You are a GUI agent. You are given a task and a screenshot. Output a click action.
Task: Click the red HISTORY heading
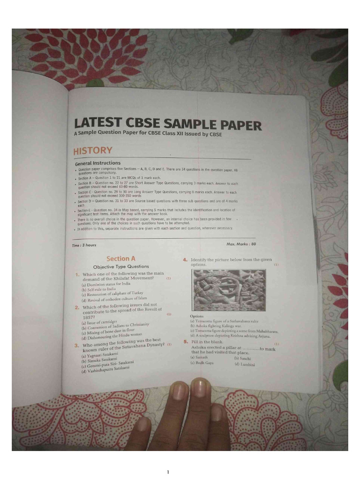pos(93,150)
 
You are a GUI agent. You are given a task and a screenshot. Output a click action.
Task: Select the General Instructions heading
pos(97,163)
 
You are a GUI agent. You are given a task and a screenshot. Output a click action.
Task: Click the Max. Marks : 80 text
pos(241,244)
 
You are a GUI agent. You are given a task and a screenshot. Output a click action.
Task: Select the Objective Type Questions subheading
pos(121,266)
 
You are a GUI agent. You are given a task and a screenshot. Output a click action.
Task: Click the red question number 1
pos(77,274)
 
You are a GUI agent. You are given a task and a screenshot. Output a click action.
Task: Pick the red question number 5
pos(186,342)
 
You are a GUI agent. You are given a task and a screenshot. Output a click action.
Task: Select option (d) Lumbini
pos(244,364)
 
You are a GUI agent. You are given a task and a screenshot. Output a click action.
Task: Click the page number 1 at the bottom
pos(167,472)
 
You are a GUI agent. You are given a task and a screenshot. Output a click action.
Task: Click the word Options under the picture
pos(197,316)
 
